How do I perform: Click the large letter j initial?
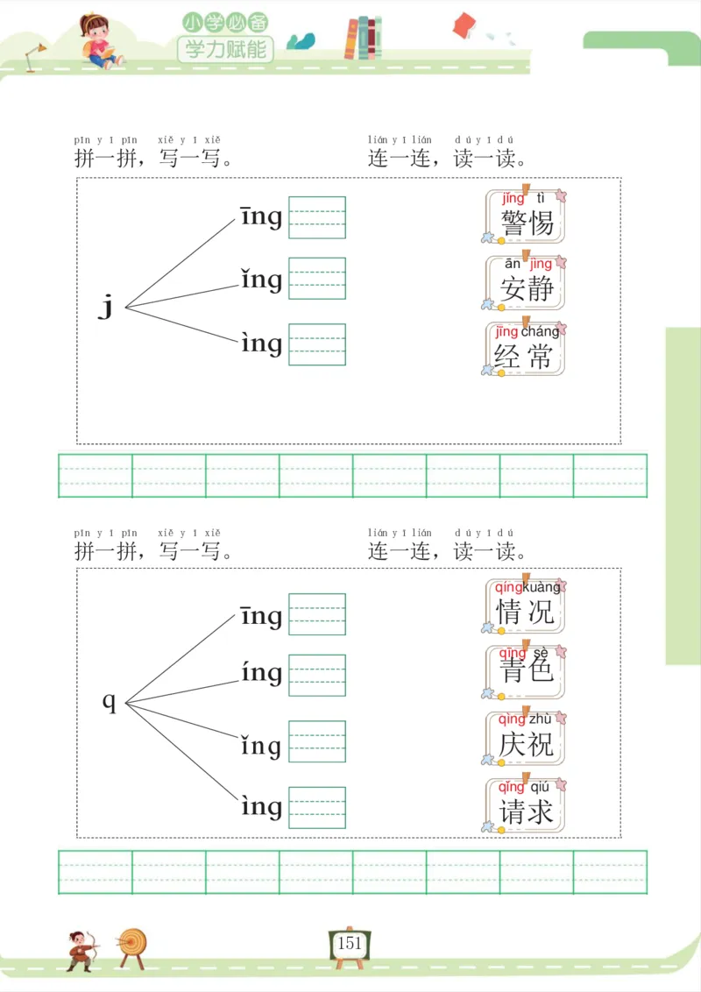pos(106,307)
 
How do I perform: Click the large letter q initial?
pos(110,701)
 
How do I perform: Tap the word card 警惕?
pos(526,216)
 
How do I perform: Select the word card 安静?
pos(526,282)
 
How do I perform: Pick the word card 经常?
pos(526,349)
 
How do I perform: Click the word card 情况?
pos(526,606)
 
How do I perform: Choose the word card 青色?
pos(526,671)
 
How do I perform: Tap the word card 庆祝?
pos(526,738)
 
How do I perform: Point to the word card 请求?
pos(526,804)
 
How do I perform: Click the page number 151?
pos(349,944)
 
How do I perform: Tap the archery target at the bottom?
pos(133,945)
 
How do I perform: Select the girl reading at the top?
pos(98,40)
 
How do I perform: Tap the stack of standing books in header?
pos(364,39)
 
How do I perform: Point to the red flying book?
pos(464,25)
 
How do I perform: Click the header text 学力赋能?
pos(226,48)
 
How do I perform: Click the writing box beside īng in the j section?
pos(317,217)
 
